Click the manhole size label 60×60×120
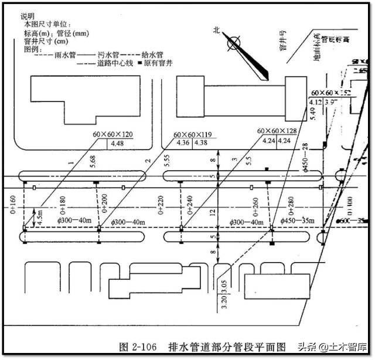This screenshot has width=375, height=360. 113,134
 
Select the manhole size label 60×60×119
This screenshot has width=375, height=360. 193,134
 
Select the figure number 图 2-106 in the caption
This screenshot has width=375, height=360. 138,347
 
